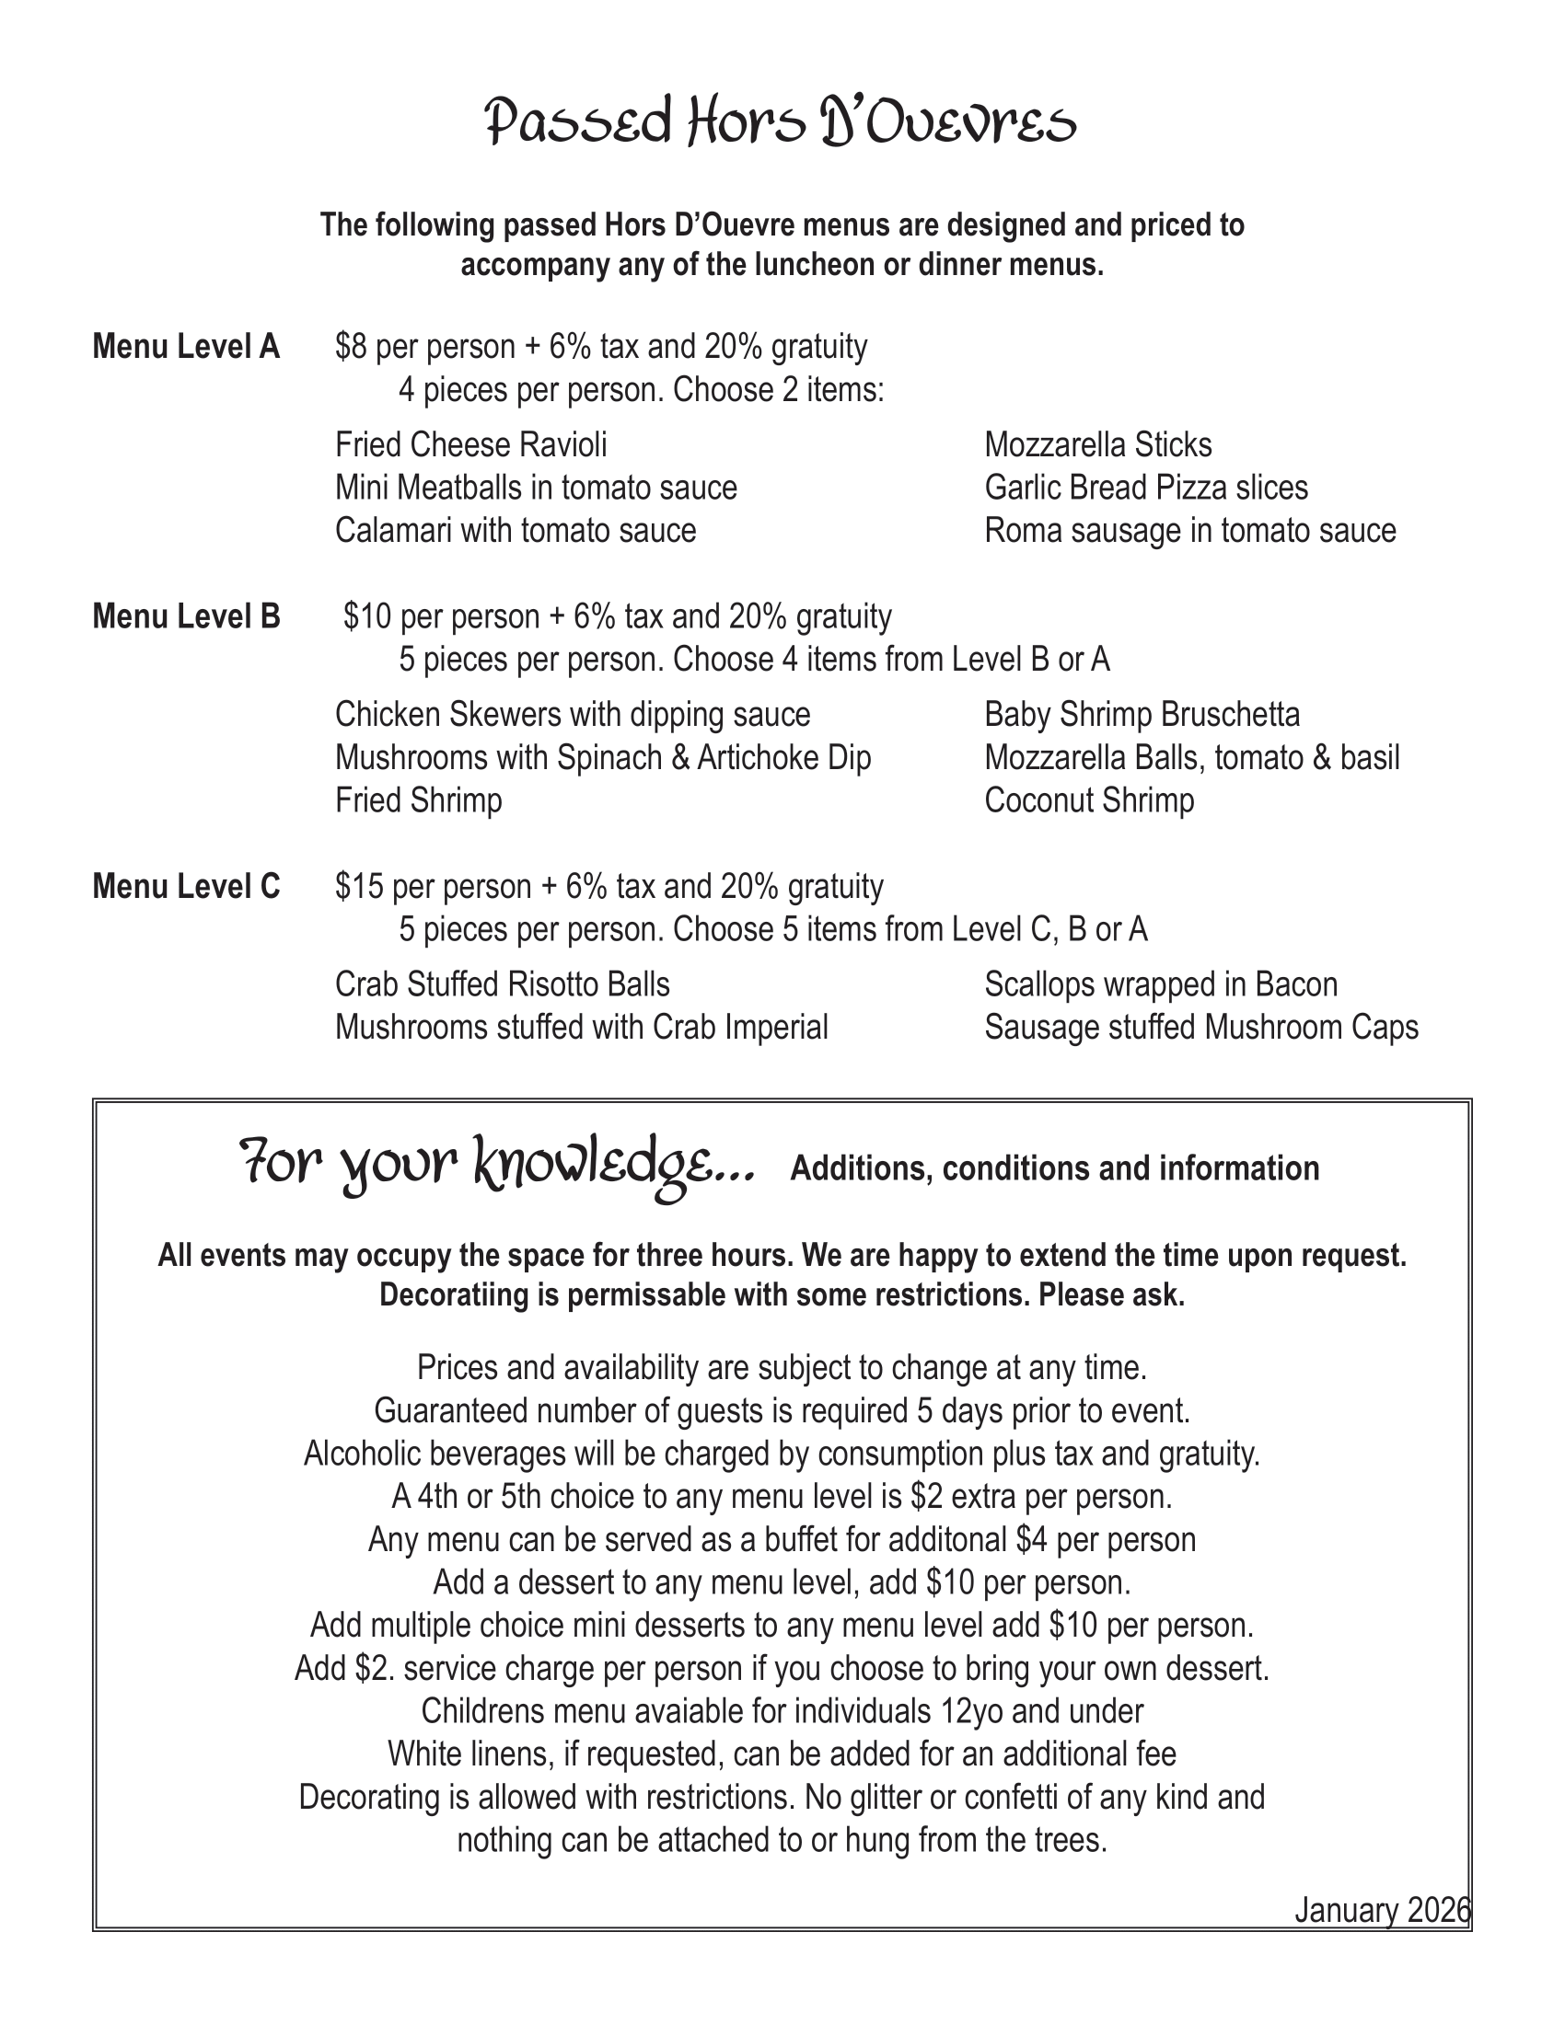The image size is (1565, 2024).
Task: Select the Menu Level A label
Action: coord(185,347)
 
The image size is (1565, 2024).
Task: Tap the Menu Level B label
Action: coord(185,616)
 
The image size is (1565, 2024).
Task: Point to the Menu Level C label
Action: coord(185,887)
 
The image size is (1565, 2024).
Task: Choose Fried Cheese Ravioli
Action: coord(471,445)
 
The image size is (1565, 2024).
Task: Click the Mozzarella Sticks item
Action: coord(1097,445)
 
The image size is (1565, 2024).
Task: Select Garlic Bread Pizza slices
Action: coord(1146,488)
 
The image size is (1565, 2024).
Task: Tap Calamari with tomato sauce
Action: coord(516,530)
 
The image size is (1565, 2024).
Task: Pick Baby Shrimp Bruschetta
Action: coord(1142,715)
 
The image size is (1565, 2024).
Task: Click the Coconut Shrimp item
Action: coord(1089,799)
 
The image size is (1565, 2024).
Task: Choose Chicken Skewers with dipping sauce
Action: coord(572,715)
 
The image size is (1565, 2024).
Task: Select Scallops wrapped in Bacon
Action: coord(1161,984)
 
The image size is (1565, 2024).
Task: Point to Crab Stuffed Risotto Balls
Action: coord(502,984)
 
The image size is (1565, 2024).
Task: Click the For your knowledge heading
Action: coord(497,1165)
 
